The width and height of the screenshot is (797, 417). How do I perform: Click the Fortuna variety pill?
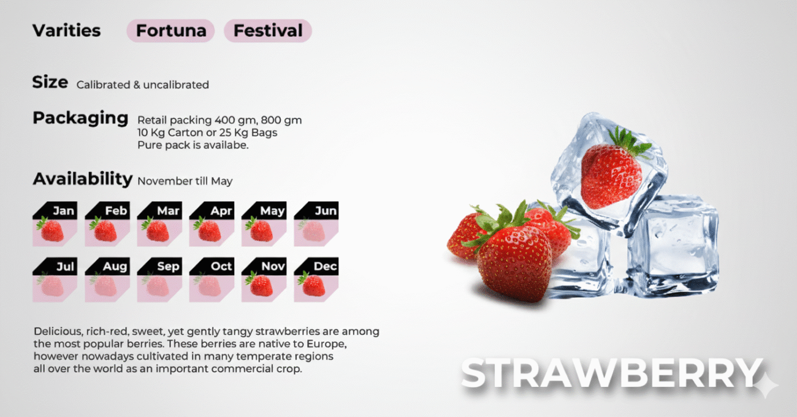pyautogui.click(x=171, y=31)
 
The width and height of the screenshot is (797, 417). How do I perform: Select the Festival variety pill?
pyautogui.click(x=268, y=31)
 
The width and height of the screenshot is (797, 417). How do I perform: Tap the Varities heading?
pyautogui.click(x=67, y=31)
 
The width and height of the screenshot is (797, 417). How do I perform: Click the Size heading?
pyautogui.click(x=50, y=82)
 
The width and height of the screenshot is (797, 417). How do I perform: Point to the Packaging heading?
pyautogui.click(x=80, y=118)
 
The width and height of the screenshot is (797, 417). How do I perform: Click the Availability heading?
pyautogui.click(x=83, y=178)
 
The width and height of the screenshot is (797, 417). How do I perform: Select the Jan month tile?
pyautogui.click(x=55, y=224)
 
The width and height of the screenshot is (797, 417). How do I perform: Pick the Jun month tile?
pyautogui.click(x=316, y=224)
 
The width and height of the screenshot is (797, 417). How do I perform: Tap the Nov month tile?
pyautogui.click(x=264, y=280)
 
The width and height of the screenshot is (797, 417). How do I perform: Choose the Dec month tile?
pyautogui.click(x=316, y=280)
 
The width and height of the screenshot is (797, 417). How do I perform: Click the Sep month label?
pyautogui.click(x=168, y=267)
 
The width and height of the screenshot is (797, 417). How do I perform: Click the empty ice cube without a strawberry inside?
pyautogui.click(x=673, y=245)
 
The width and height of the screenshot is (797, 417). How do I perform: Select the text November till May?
pyautogui.click(x=185, y=181)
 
